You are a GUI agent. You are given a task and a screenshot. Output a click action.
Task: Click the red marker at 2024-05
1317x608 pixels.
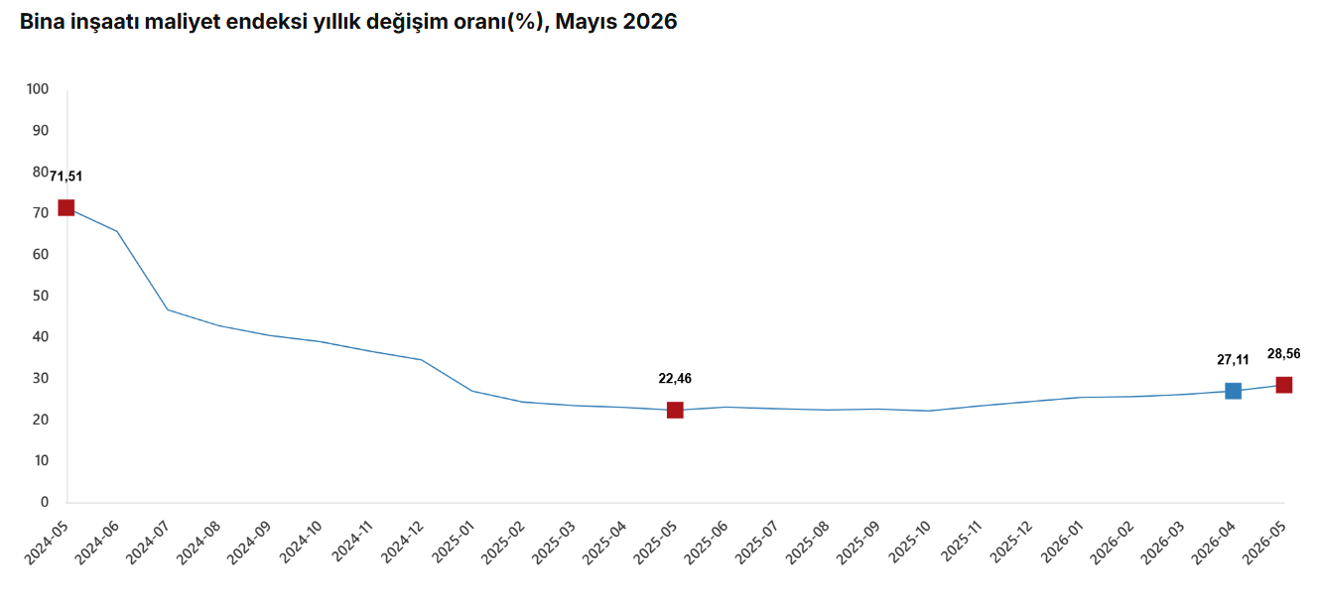click(66, 207)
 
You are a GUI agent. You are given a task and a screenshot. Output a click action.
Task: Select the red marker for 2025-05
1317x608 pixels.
click(675, 410)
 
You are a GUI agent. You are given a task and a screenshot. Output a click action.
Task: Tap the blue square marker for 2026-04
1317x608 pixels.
click(1233, 391)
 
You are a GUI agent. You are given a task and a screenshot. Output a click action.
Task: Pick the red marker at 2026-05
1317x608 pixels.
click(1284, 385)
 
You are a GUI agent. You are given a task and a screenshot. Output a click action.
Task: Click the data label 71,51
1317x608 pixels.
click(66, 177)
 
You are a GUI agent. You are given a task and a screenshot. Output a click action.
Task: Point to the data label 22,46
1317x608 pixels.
click(675, 378)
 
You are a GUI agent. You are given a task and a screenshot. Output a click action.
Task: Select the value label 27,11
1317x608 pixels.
click(1233, 359)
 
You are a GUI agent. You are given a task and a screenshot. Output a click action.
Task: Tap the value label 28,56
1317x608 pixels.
click(1284, 354)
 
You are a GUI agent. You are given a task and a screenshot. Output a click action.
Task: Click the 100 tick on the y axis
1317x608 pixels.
click(38, 88)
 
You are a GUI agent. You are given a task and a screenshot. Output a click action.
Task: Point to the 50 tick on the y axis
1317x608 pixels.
click(41, 296)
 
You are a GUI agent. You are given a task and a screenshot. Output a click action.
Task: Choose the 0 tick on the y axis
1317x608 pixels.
click(45, 502)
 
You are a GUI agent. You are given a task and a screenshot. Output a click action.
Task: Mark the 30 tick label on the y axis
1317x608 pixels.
click(41, 378)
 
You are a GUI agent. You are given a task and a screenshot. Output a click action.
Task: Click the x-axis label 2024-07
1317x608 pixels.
click(148, 543)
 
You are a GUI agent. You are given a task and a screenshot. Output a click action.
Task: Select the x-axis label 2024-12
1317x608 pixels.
click(402, 543)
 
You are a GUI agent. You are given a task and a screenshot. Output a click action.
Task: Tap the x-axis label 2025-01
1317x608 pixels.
click(453, 543)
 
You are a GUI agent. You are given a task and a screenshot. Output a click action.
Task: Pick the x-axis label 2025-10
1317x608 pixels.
click(909, 543)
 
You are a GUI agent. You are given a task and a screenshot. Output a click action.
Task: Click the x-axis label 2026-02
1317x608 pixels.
click(1113, 543)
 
